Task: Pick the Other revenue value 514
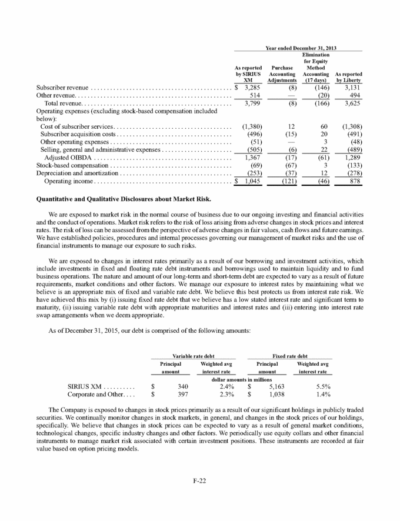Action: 254,96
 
